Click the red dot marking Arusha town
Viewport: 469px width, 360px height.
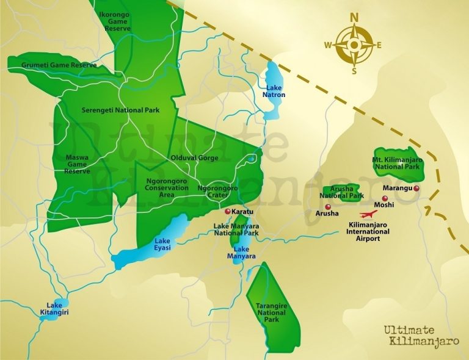pyautogui.click(x=320, y=207)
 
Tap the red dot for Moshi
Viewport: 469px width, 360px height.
pyautogui.click(x=384, y=198)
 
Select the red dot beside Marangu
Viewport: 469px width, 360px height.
pyautogui.click(x=416, y=189)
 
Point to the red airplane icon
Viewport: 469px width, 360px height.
pyautogui.click(x=367, y=215)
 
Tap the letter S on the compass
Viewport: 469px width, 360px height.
pyautogui.click(x=354, y=71)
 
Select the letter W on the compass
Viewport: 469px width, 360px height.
pyautogui.click(x=327, y=45)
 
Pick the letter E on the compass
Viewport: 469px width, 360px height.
pyautogui.click(x=379, y=45)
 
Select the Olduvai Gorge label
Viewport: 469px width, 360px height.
pyautogui.click(x=194, y=157)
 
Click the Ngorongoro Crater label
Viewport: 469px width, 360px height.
pyautogui.click(x=217, y=192)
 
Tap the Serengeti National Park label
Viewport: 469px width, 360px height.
pyautogui.click(x=120, y=110)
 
